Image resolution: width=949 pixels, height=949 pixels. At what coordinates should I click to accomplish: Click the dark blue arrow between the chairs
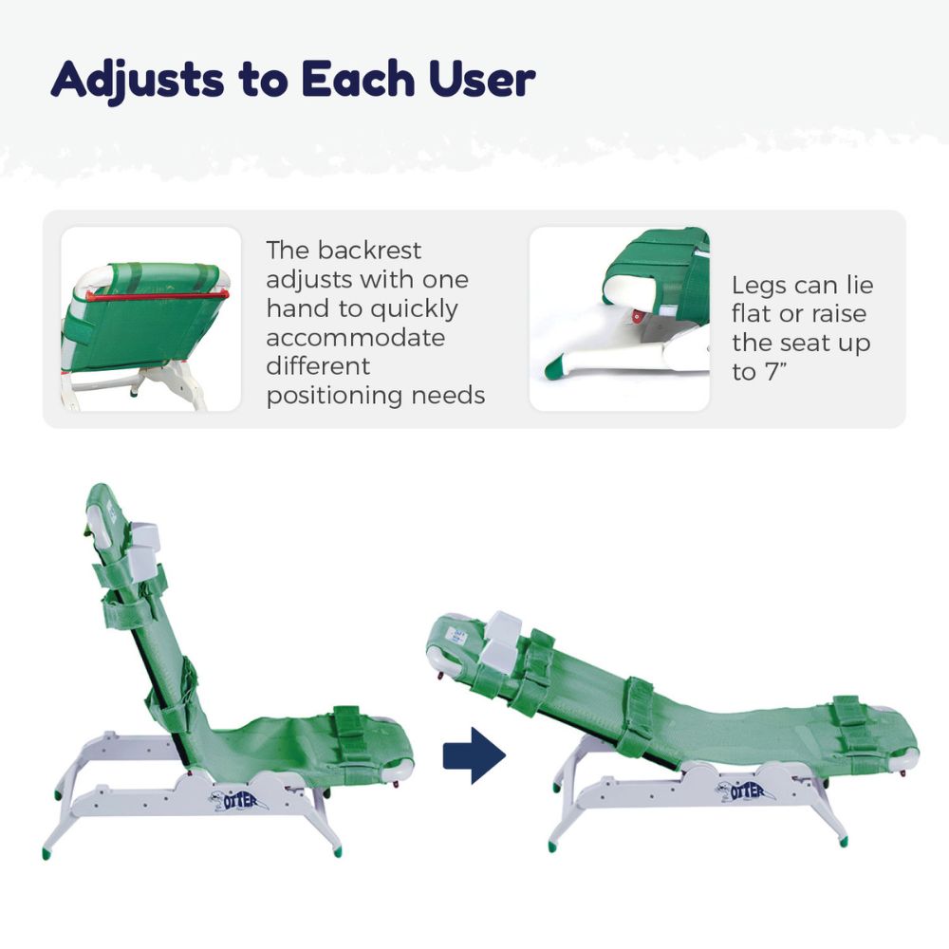pyautogui.click(x=474, y=755)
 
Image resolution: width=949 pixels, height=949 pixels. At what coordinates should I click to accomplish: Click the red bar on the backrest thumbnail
pyautogui.click(x=157, y=295)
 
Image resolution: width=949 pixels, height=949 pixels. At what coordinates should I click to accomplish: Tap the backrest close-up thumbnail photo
pyautogui.click(x=151, y=319)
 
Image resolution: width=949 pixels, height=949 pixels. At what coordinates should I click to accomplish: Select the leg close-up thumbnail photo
pyautogui.click(x=619, y=319)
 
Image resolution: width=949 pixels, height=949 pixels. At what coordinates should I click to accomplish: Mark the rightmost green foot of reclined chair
pyautogui.click(x=844, y=840)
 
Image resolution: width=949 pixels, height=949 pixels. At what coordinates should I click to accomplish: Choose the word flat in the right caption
pyautogui.click(x=750, y=314)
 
